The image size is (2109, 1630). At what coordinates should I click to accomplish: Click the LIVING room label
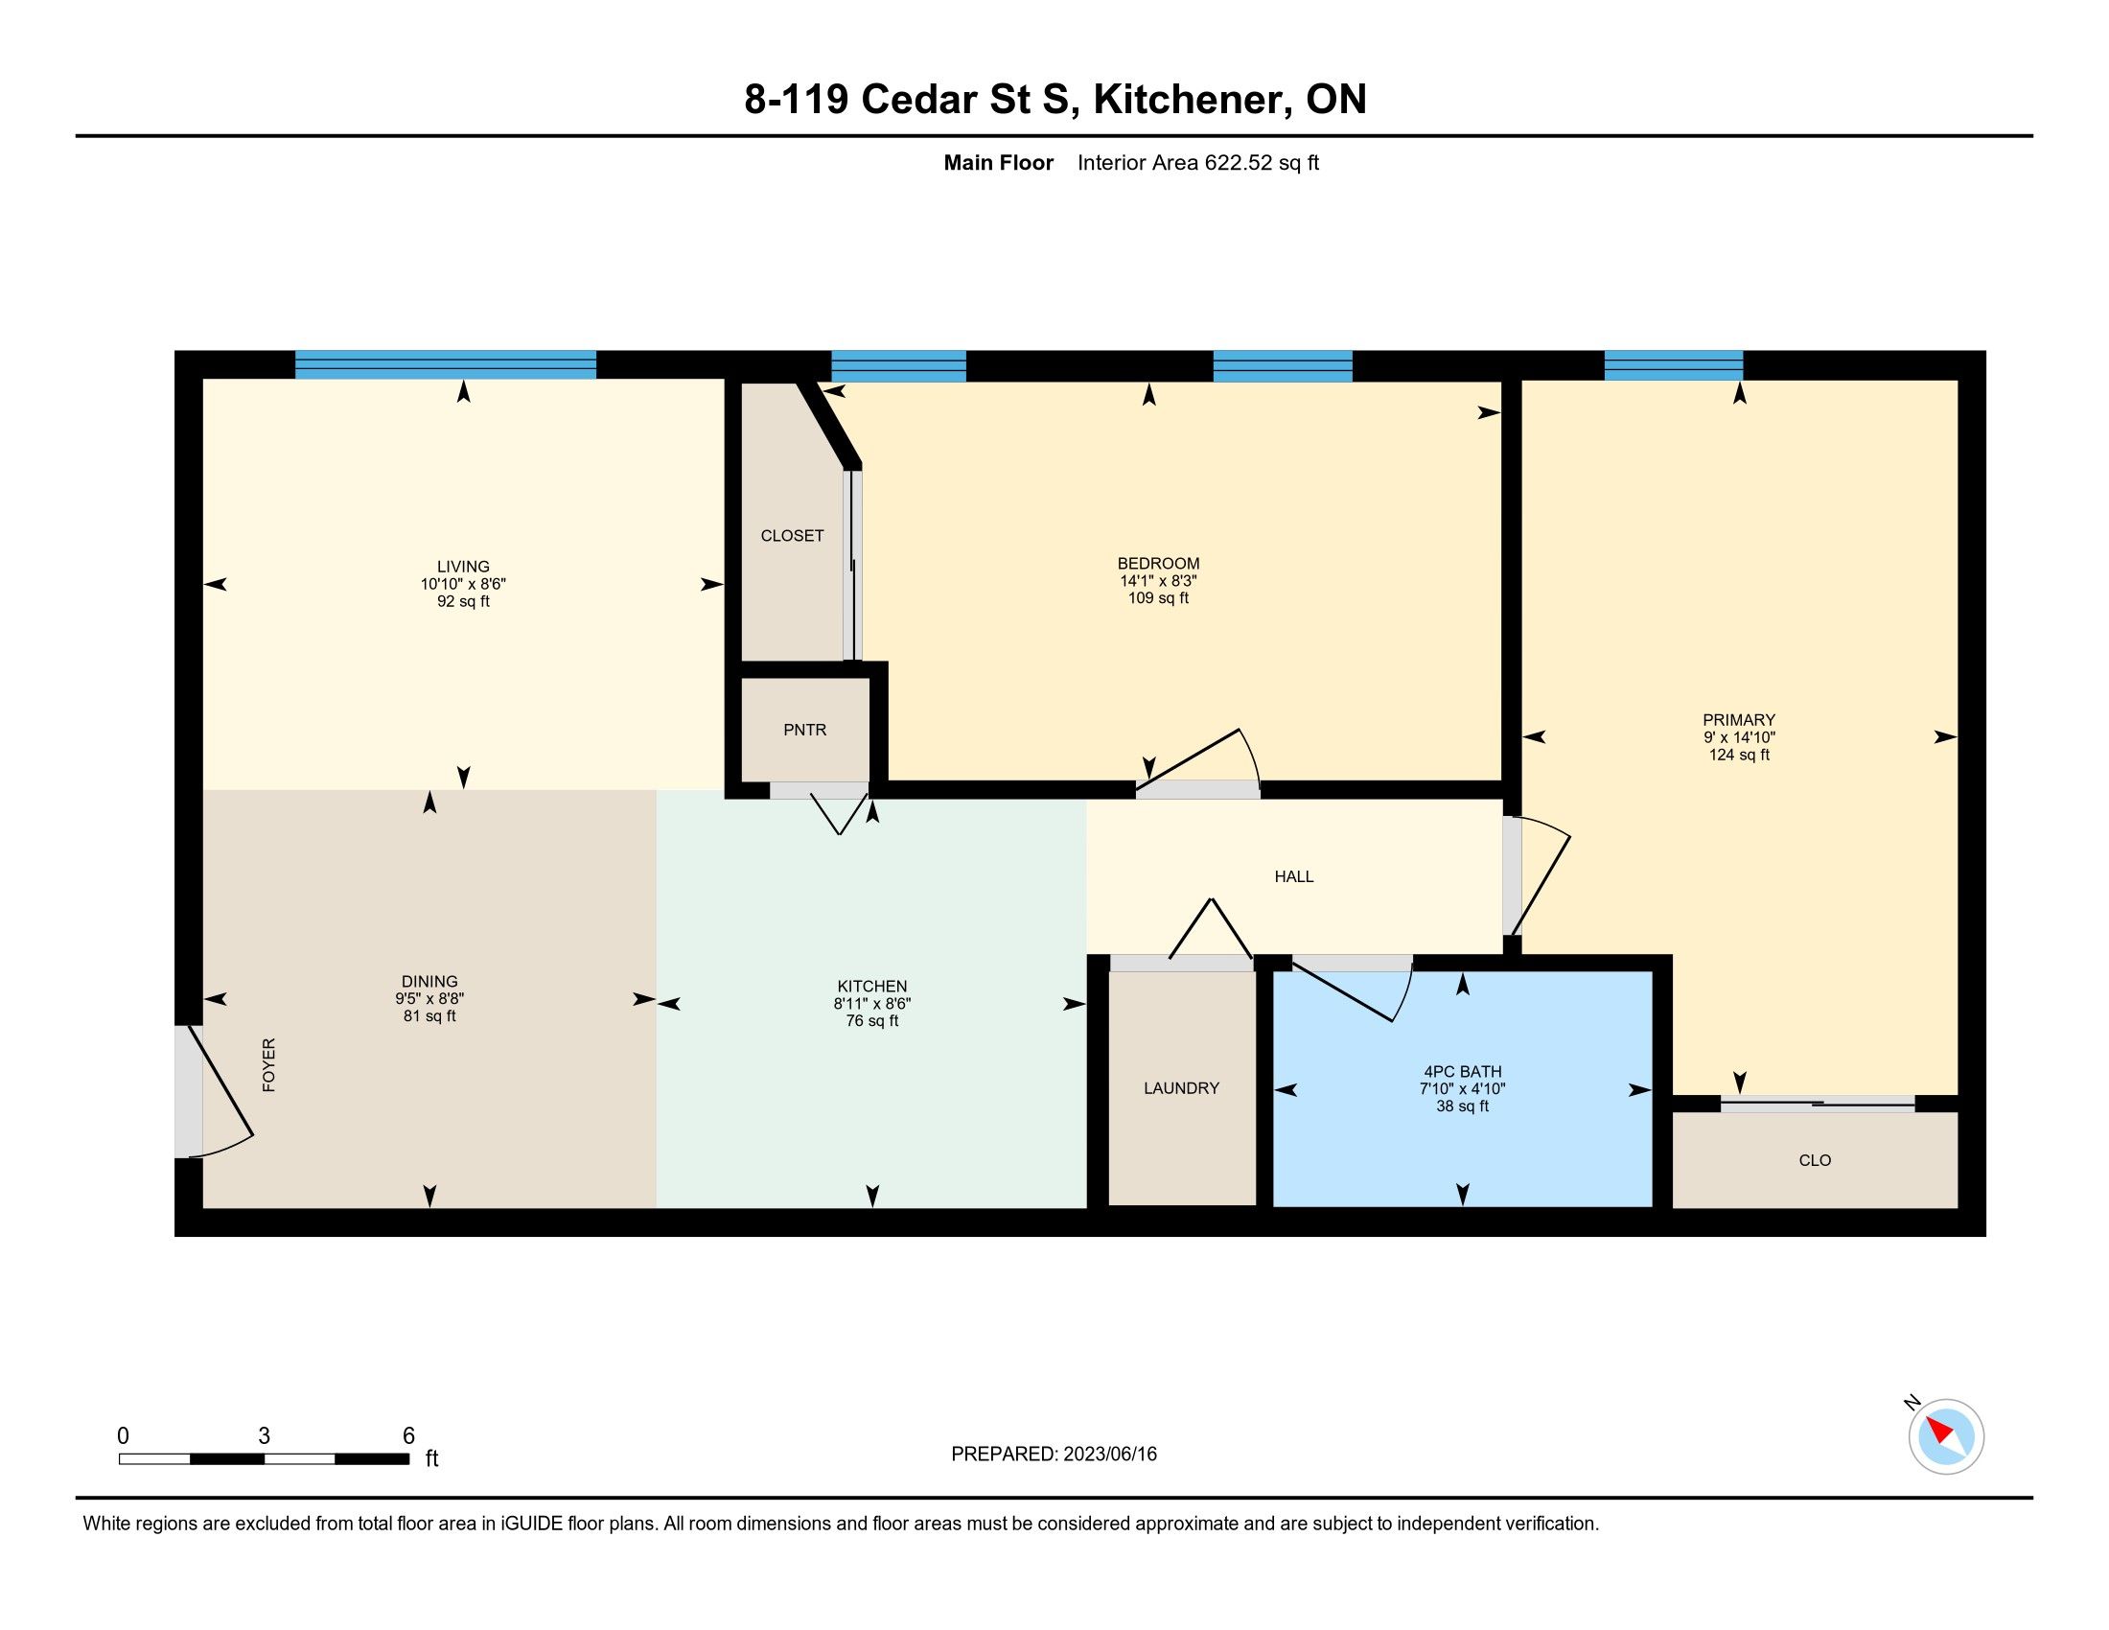tap(463, 567)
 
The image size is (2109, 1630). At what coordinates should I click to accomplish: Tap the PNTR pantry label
tap(804, 730)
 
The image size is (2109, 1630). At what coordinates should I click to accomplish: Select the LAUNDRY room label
tap(1181, 1088)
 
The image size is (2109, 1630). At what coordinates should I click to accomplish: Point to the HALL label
tap(1294, 876)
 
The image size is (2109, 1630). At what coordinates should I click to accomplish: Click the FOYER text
tap(269, 1065)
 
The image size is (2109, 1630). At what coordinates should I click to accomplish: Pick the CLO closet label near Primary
tap(1815, 1161)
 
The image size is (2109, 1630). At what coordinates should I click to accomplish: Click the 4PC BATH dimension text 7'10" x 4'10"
tap(1462, 1089)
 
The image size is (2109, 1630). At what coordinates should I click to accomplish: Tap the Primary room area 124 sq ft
tap(1739, 756)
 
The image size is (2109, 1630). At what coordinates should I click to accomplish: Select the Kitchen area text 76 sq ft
tap(872, 1021)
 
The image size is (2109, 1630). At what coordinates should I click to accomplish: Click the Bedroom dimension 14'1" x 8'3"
tap(1158, 581)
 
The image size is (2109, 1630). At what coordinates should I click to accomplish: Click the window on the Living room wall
tap(445, 365)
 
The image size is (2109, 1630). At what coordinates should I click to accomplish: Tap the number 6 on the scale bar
tap(408, 1436)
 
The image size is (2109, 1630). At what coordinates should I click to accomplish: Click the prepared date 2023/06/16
tap(1108, 1455)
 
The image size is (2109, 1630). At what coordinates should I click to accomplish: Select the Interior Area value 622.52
tap(1239, 163)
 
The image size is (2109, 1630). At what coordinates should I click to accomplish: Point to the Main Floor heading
tap(999, 163)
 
